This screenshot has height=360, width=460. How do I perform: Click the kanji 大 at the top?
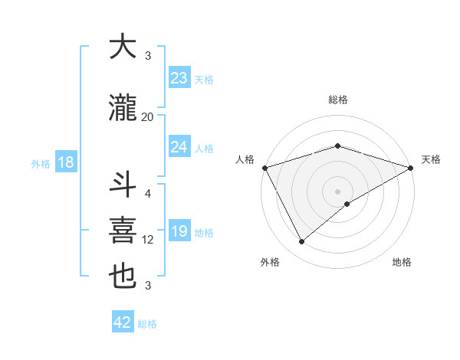tap(123, 47)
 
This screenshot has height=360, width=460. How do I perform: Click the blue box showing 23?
tap(179, 78)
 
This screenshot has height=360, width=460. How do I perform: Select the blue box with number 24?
tap(179, 147)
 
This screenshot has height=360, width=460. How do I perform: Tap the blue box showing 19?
tap(179, 232)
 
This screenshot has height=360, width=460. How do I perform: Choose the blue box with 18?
tap(65, 162)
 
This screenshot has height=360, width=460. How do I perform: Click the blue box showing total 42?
tap(123, 322)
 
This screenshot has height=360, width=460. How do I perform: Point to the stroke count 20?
tap(147, 116)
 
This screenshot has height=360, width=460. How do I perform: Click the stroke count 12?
tap(148, 240)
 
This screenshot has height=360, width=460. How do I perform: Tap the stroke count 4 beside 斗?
tap(148, 193)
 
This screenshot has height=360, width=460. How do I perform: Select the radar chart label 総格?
tap(337, 100)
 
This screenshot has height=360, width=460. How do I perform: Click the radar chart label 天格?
tap(431, 159)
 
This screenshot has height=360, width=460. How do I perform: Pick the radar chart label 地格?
tap(402, 262)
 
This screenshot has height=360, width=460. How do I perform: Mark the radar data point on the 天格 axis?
tap(410, 167)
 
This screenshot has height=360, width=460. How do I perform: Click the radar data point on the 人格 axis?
tap(264, 167)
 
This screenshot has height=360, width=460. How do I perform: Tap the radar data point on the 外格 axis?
tap(301, 242)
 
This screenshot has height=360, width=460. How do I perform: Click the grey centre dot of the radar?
tap(337, 191)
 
